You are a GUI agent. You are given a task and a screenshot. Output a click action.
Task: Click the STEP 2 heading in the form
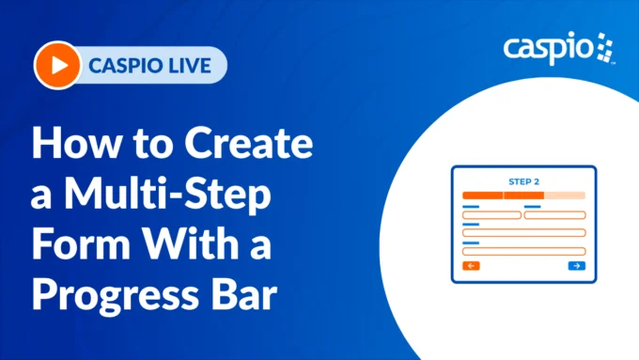point(523,180)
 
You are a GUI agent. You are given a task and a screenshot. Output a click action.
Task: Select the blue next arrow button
point(576,267)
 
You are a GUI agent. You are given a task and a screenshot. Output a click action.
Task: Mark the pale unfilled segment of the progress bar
point(565,196)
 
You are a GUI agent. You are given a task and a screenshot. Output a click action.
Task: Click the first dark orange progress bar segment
point(482,196)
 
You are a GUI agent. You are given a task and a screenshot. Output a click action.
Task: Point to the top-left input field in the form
point(491,215)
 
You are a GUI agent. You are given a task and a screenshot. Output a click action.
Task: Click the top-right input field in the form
point(554,215)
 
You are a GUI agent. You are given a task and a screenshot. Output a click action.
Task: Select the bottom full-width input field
point(523,251)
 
